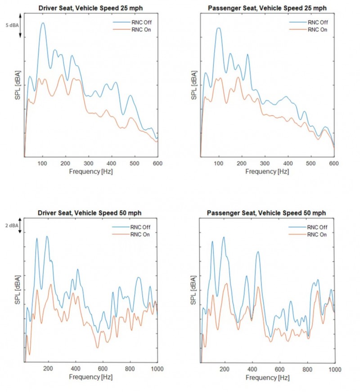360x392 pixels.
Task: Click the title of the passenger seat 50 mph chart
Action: pyautogui.click(x=267, y=212)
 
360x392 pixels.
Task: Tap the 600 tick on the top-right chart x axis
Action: pyautogui.click(x=334, y=163)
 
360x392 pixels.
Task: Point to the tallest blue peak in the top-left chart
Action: pyautogui.click(x=43, y=23)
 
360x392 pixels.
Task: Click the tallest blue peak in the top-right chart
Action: pyautogui.click(x=219, y=28)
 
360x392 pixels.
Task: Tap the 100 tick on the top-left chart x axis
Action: pyautogui.click(x=43, y=163)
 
